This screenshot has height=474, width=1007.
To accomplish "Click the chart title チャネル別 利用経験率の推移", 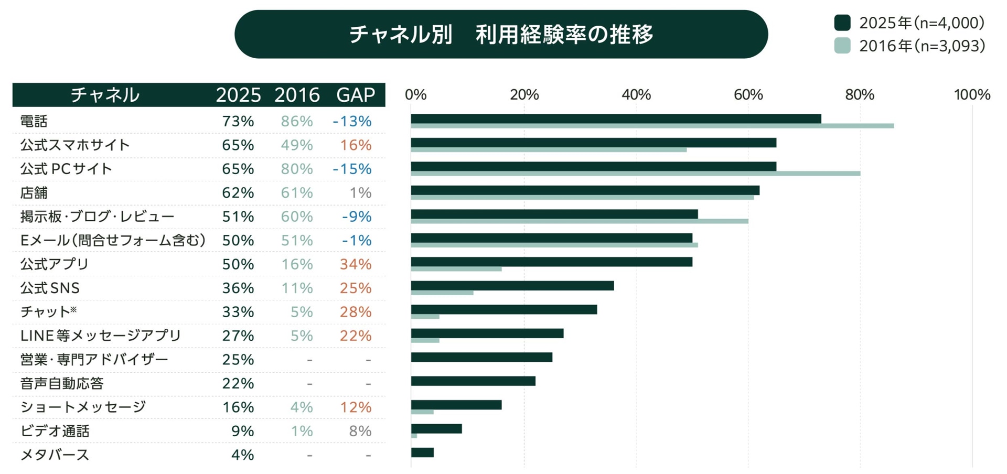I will click(501, 35).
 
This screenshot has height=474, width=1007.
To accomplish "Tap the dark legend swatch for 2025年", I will click(842, 23).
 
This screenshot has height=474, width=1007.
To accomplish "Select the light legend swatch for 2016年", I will click(842, 46).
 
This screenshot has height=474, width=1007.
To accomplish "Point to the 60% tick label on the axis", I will click(748, 95).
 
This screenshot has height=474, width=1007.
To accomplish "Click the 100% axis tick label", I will click(972, 95).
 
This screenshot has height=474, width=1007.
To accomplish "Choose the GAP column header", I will click(356, 95).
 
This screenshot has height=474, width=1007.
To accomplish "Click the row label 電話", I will click(34, 122).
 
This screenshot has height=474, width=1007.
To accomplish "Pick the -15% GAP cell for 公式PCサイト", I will click(352, 169).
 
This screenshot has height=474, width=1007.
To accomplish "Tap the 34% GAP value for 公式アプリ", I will click(356, 264).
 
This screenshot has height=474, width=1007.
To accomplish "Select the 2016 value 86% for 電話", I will click(296, 122).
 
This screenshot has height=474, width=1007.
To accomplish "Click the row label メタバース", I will click(55, 455).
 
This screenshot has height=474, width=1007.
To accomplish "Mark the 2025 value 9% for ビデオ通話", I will click(242, 431).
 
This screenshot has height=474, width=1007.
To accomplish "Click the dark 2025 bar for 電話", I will click(616, 119).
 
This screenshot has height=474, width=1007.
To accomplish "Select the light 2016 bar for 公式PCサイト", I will click(635, 174).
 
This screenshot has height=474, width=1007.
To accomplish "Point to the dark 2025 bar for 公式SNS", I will click(512, 286).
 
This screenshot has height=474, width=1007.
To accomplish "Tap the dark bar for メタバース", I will click(422, 453).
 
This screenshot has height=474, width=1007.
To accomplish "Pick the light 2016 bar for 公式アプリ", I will click(456, 269).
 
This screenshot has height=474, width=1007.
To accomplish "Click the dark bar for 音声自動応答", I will click(473, 381).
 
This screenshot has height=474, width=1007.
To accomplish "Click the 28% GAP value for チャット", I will click(356, 312).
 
